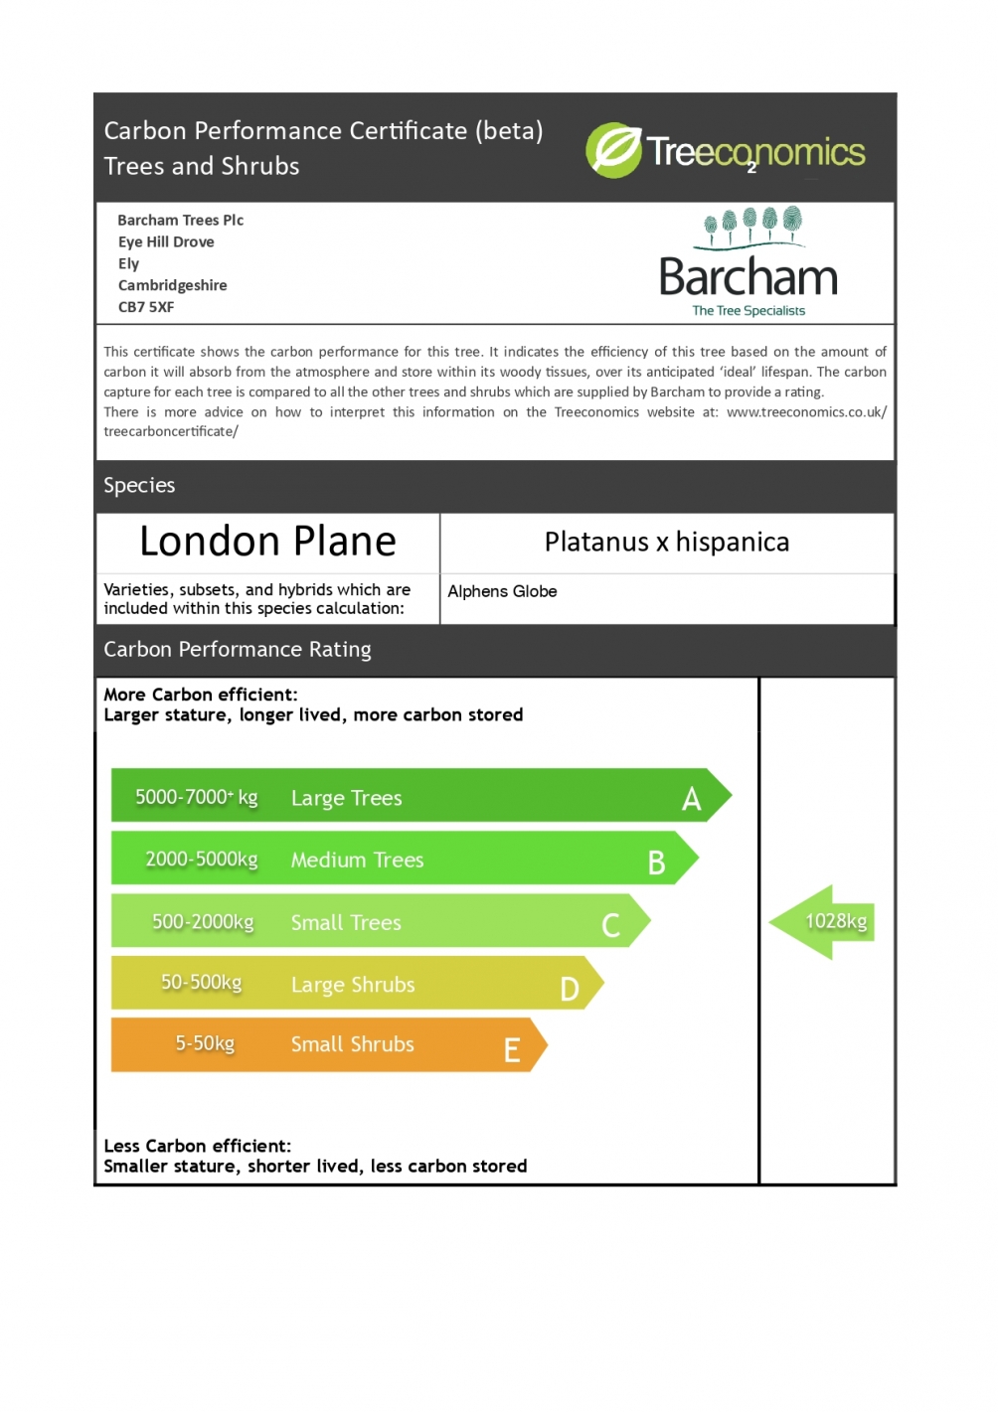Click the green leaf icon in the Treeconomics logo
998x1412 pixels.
[x=613, y=150]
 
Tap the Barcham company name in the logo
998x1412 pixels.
[x=748, y=277]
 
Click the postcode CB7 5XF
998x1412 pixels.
[x=146, y=307]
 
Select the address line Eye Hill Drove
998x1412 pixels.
[x=166, y=241]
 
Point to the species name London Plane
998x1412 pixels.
[x=267, y=542]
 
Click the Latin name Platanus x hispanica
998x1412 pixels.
[x=666, y=542]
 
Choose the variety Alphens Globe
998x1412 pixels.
[x=502, y=591]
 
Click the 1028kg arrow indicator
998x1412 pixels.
[x=823, y=922]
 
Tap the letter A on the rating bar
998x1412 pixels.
[x=692, y=799]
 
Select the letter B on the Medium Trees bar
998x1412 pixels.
[x=656, y=863]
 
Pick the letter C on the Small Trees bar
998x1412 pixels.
[x=610, y=925]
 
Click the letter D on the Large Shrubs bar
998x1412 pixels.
[x=570, y=989]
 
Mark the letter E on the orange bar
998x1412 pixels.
[x=512, y=1050]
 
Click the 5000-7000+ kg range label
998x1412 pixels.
[x=196, y=797]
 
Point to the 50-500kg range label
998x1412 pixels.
[x=202, y=982]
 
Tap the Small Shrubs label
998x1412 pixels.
[x=352, y=1044]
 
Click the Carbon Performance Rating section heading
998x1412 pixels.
[x=238, y=649]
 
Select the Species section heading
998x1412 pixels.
[x=139, y=485]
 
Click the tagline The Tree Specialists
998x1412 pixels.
[x=748, y=311]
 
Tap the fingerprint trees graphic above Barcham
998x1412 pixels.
[x=750, y=226]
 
